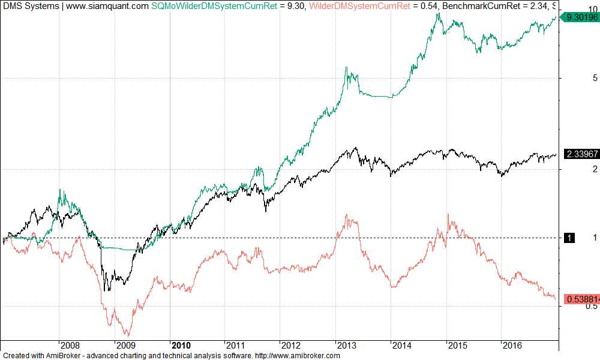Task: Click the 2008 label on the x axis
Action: tap(70, 346)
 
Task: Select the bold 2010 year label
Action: tap(181, 346)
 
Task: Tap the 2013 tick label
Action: tap(347, 346)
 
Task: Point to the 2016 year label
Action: tap(512, 346)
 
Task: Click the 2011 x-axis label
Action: tap(236, 346)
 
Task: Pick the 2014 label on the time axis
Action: tap(402, 346)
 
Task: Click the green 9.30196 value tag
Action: tap(579, 18)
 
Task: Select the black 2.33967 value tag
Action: tap(579, 154)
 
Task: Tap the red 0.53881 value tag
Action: tap(579, 298)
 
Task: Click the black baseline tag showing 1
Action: tap(569, 238)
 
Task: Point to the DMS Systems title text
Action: tap(30, 6)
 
